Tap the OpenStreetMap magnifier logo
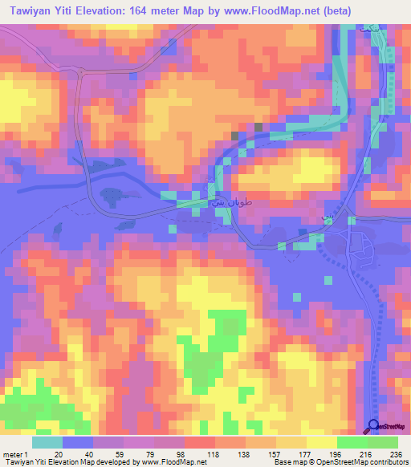(374, 426)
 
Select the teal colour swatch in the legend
(47, 442)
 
